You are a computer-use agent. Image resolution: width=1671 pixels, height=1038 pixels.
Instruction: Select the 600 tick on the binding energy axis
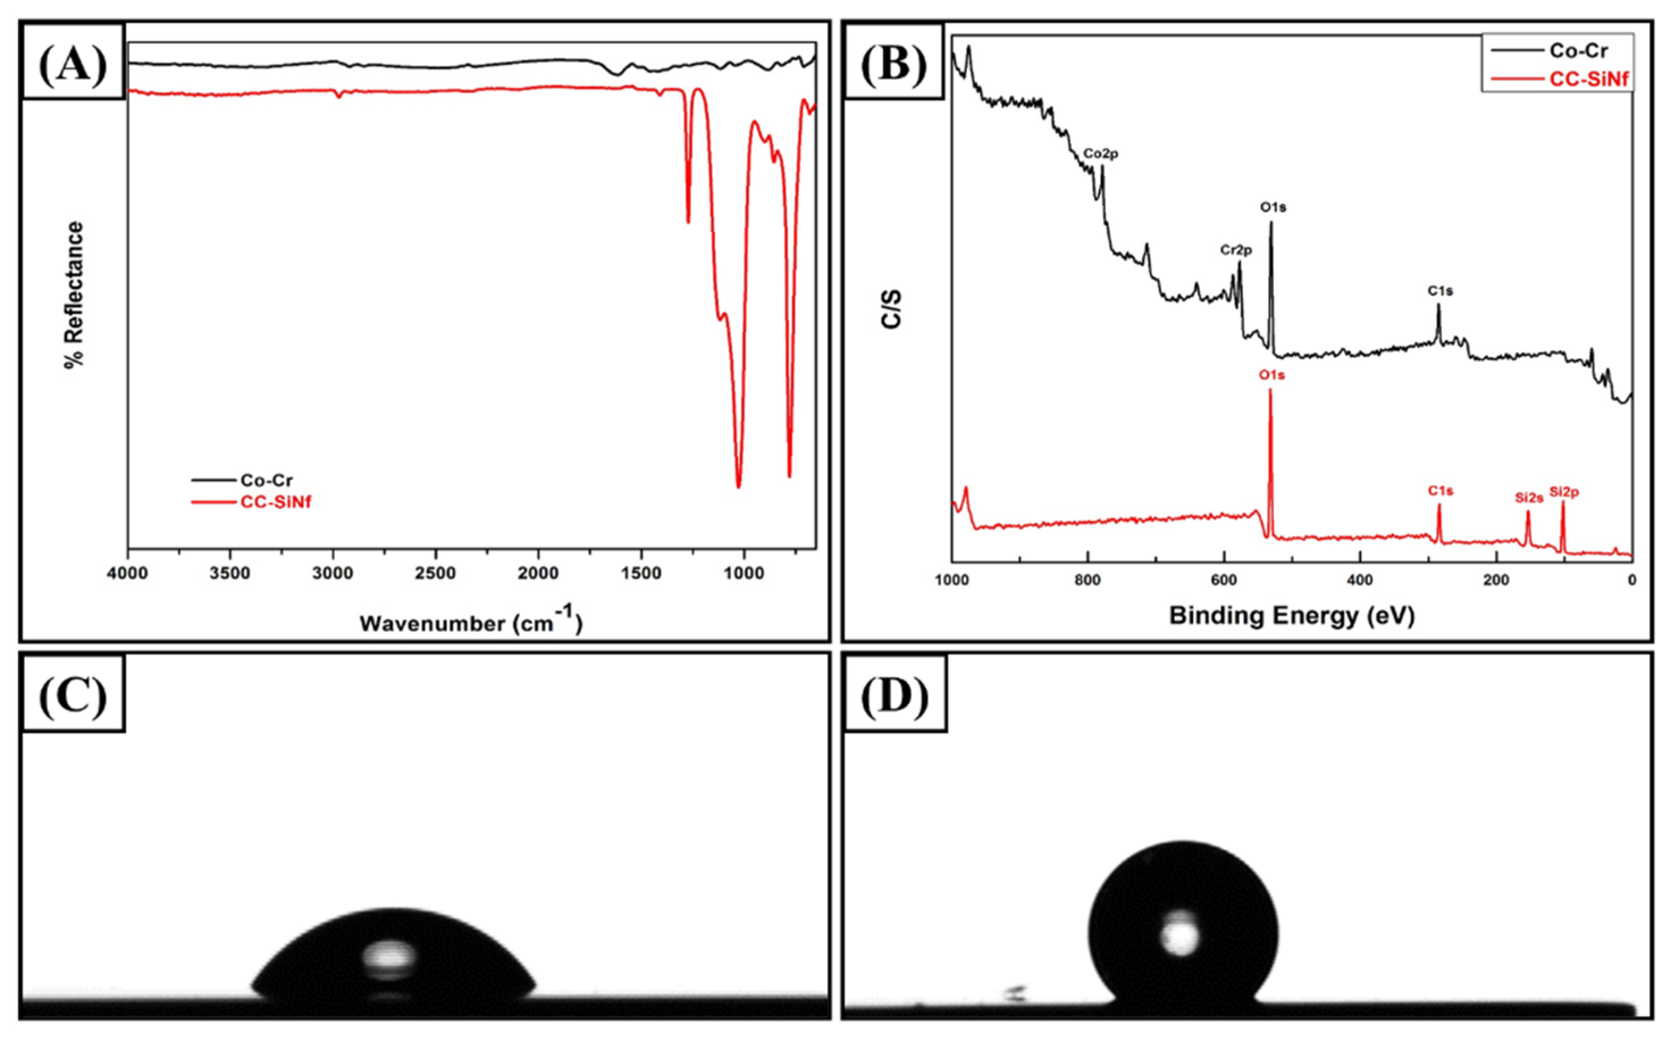tap(1223, 579)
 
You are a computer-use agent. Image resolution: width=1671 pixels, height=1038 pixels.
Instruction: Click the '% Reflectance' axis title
tap(74, 294)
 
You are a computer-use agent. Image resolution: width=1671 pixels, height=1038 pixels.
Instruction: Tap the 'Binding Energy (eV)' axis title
tap(1291, 615)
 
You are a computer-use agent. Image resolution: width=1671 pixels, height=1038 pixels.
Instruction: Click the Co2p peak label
tap(1101, 154)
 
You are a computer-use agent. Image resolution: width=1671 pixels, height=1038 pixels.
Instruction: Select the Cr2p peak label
tap(1236, 251)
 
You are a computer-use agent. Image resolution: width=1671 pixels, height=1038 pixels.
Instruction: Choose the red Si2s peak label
tap(1529, 498)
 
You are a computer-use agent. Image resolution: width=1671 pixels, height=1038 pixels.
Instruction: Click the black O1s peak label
tap(1273, 207)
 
